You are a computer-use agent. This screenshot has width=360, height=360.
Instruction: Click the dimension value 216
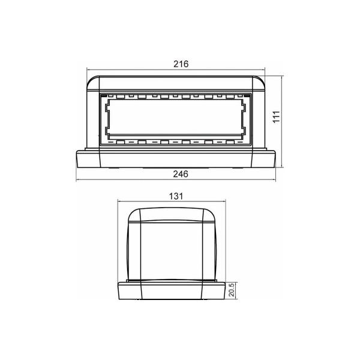coord(181,64)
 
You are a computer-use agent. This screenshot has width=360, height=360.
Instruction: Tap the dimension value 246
coord(181,174)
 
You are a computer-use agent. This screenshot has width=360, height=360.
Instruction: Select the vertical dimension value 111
coord(277,117)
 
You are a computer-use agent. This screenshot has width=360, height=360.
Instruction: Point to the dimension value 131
coord(176,196)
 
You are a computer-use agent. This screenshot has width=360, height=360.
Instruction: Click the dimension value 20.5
coord(232,290)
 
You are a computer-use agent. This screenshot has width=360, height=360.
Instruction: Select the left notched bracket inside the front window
coord(107,119)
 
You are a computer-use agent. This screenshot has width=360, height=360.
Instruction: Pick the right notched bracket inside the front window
coord(244,119)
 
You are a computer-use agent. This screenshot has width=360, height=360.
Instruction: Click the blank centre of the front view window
coord(175,116)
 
